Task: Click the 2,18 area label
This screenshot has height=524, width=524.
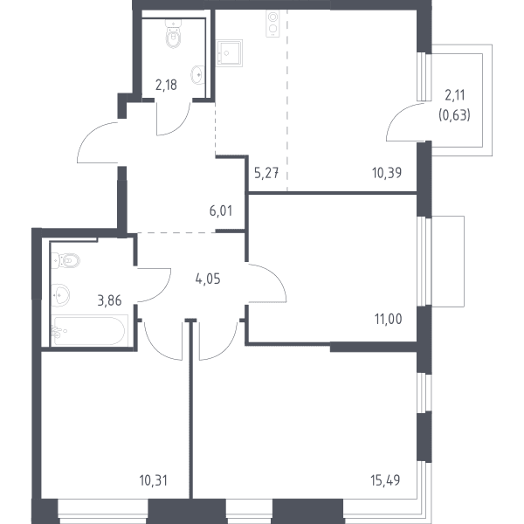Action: [x=166, y=86]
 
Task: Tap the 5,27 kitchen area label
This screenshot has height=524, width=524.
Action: [x=266, y=173]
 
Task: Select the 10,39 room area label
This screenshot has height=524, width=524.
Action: [x=387, y=173]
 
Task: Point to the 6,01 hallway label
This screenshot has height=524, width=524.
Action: [x=221, y=210]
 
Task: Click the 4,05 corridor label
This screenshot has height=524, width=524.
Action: [x=208, y=279]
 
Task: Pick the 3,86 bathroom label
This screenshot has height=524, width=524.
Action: [x=110, y=300]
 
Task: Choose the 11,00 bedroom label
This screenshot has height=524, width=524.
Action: [x=389, y=319]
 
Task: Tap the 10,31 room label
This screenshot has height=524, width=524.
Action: [x=154, y=480]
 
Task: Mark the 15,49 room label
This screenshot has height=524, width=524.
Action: [x=385, y=480]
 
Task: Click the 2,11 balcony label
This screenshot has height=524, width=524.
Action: [x=455, y=95]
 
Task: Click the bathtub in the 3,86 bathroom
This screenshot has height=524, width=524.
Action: [x=90, y=330]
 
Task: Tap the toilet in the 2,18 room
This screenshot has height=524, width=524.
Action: [x=174, y=34]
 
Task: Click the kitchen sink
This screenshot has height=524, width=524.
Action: [x=229, y=53]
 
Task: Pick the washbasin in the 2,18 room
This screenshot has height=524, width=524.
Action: [x=197, y=74]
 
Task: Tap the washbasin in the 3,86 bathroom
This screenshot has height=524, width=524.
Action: [x=60, y=295]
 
